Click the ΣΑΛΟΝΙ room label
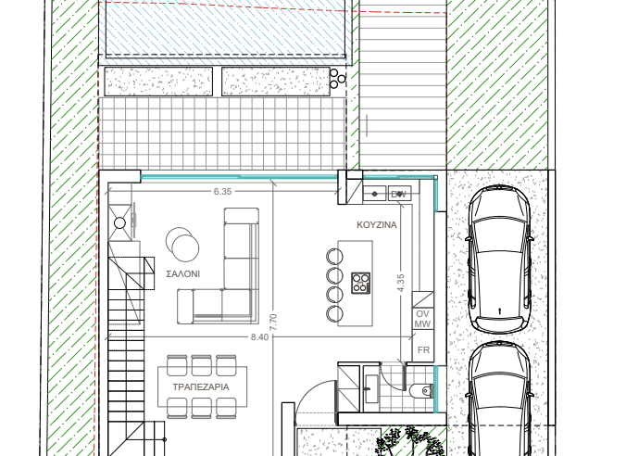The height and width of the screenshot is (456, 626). [x=182, y=273]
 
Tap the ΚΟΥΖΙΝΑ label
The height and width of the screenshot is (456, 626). [x=377, y=224]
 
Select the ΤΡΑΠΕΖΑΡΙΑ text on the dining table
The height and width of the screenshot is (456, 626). [x=201, y=386]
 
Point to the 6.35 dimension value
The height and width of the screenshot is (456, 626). [x=222, y=192]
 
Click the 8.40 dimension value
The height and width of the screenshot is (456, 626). [x=259, y=337]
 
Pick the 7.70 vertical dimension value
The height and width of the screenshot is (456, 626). [x=273, y=323]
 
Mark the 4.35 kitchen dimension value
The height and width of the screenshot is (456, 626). [x=401, y=283]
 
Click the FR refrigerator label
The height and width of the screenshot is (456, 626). [x=423, y=350]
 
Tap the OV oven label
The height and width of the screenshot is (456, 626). [x=422, y=314]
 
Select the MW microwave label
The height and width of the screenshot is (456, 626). [x=422, y=324]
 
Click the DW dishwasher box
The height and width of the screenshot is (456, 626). [x=400, y=194]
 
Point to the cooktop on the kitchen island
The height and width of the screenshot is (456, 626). [x=360, y=283]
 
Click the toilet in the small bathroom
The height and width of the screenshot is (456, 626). [x=421, y=390]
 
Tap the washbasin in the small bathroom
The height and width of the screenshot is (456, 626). [x=371, y=388]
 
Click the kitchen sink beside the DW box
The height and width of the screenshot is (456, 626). [x=374, y=194]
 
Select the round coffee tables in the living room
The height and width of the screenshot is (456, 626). [x=182, y=244]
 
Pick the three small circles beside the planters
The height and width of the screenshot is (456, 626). [x=337, y=78]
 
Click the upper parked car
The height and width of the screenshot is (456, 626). [x=500, y=259]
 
